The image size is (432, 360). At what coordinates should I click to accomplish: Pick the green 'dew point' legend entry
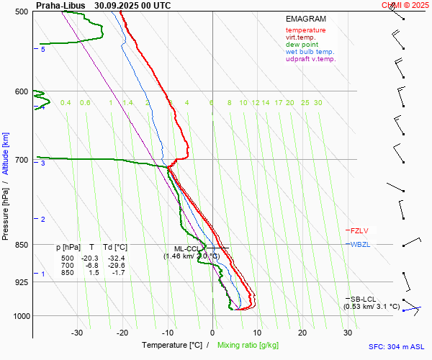302,45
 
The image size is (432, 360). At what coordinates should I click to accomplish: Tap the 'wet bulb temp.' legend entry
310,52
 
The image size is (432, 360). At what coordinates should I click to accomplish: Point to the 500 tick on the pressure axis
21,12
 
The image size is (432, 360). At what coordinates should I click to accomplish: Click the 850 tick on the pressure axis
21,245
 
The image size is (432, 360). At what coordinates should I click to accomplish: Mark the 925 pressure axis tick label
21,282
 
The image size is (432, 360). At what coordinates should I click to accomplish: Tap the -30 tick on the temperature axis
78,333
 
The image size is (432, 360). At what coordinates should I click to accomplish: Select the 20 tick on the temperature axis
302,333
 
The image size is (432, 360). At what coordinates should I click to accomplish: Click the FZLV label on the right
359,231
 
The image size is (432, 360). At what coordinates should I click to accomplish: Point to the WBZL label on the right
360,245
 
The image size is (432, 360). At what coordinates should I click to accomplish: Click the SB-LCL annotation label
363,299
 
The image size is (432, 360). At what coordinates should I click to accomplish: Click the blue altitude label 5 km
43,50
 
